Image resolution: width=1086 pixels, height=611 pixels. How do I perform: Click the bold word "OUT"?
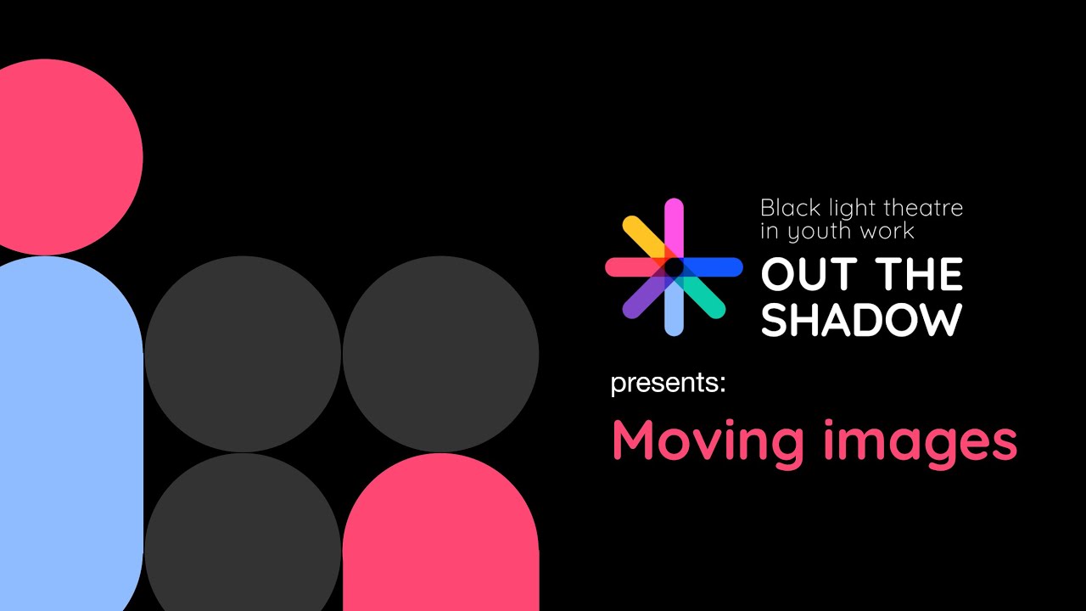[x=807, y=275]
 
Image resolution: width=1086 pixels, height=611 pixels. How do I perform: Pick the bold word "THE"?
[x=920, y=275]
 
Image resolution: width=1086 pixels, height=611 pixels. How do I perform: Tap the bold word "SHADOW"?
[x=861, y=319]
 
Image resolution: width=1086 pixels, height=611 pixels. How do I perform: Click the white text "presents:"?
[x=668, y=384]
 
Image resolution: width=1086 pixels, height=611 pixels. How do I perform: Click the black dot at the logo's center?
[x=674, y=267]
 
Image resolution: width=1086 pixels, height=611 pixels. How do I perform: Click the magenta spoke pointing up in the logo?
[x=674, y=221]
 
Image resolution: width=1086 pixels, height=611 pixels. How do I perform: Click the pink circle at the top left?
[x=59, y=157]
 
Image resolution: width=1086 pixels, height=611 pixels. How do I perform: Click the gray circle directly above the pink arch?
[x=440, y=354]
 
